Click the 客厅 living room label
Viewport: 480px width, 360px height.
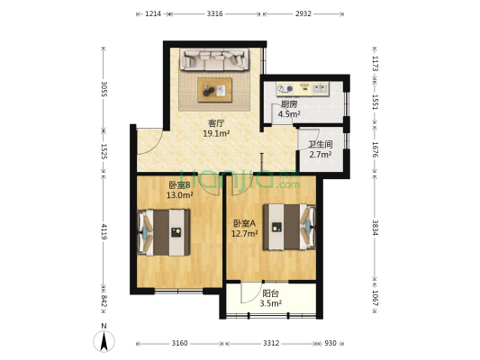[216, 123]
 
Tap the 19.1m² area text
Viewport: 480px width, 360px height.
[216, 133]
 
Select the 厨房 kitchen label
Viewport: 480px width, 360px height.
[288, 104]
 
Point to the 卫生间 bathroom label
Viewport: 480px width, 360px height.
[321, 144]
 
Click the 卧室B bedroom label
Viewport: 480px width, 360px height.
[178, 185]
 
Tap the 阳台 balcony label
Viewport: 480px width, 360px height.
[270, 293]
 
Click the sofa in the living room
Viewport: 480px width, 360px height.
[214, 60]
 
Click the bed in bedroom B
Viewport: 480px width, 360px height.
[164, 232]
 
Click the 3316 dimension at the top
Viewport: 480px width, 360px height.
[214, 14]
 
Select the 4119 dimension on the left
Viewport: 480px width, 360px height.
[104, 230]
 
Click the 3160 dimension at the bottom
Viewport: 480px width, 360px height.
[179, 344]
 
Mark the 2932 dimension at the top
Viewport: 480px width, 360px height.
[302, 14]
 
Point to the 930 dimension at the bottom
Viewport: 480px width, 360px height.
[331, 344]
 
